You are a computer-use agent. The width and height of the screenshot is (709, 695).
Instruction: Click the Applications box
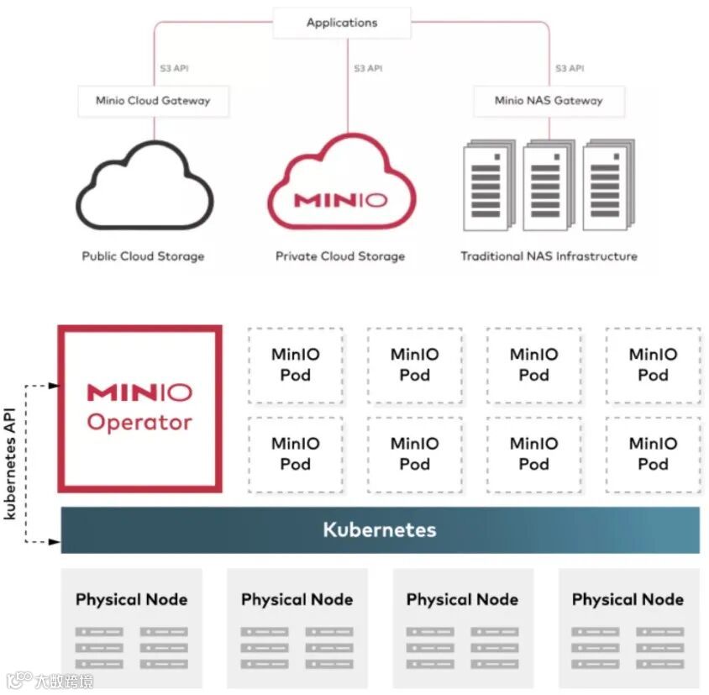pos(342,23)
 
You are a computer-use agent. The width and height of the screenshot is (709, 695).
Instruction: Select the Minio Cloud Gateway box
pos(153,101)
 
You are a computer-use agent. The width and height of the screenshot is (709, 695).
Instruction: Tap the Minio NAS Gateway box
pos(549,101)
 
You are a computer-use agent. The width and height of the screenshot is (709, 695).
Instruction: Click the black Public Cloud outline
pos(144,189)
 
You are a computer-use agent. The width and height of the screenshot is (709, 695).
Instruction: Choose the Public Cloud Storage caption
pos(143,256)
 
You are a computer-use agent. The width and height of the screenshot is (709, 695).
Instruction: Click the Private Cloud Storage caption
pos(340,256)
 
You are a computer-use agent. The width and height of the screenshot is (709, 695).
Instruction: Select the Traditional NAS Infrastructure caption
pos(549,256)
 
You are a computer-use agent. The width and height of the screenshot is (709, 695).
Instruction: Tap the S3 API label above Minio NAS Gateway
pos(570,68)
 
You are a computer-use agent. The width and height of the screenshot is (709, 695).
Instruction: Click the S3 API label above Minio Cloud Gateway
pos(174,68)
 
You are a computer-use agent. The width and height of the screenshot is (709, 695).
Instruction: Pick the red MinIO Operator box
pos(139,408)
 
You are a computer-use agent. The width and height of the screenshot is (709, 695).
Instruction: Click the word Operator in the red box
pos(139,423)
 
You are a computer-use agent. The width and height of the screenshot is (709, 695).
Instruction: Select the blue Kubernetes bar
pos(380,530)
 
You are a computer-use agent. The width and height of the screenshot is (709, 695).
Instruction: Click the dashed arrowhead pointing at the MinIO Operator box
pos(54,386)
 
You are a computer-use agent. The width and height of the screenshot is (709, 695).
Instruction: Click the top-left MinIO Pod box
pos(295,365)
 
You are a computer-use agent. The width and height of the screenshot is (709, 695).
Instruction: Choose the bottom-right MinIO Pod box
pos(653,454)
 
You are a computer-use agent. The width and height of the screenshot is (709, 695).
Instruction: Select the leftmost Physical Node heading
pos(132,600)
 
